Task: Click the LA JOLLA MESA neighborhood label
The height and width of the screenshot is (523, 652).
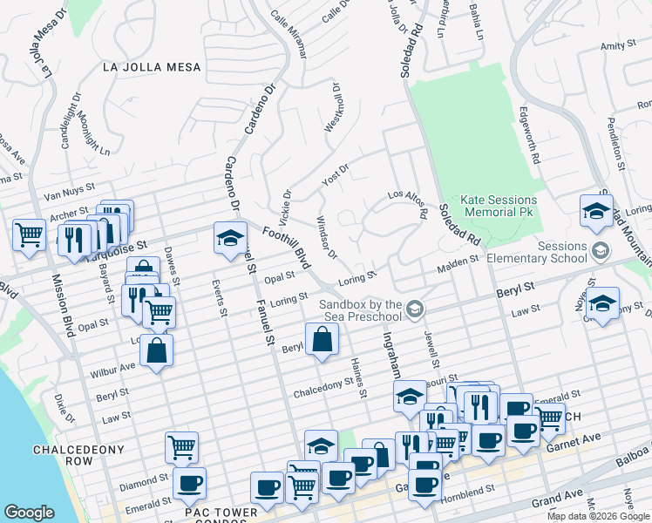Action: pyautogui.click(x=151, y=67)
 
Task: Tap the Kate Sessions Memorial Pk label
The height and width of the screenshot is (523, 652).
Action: pyautogui.click(x=487, y=206)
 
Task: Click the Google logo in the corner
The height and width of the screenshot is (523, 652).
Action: pyautogui.click(x=30, y=513)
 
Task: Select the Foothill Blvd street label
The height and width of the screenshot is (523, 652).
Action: pyautogui.click(x=285, y=247)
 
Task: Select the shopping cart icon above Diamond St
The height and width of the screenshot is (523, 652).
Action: pyautogui.click(x=181, y=447)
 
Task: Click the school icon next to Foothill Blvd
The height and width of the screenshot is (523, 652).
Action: pyautogui.click(x=229, y=238)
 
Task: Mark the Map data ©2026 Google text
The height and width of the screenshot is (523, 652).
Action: pyautogui.click(x=598, y=516)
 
